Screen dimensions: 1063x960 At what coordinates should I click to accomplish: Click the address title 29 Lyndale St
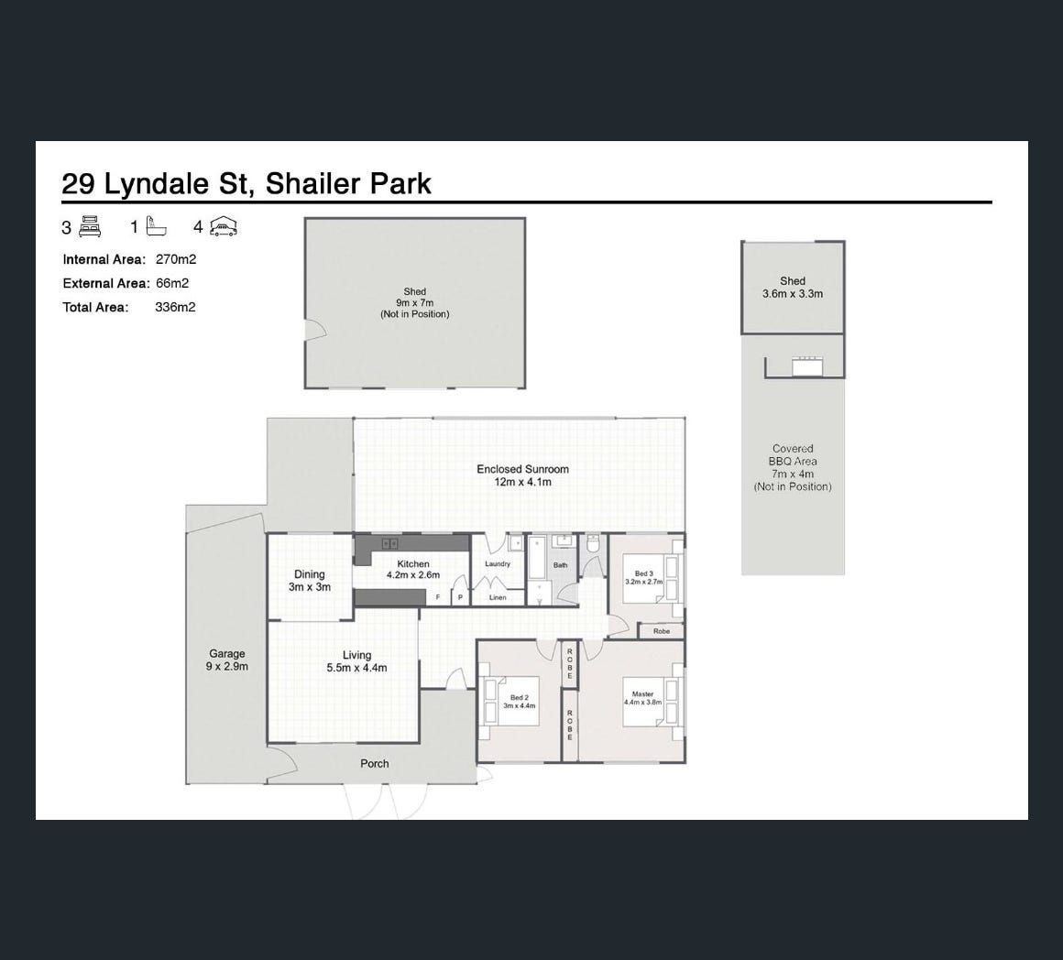point(155,183)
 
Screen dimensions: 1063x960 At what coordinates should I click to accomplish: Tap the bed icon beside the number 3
point(90,226)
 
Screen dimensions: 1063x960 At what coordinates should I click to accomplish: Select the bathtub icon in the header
point(155,226)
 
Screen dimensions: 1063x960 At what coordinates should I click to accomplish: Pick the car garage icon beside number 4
point(223,226)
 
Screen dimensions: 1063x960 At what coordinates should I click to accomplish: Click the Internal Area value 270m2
point(176,259)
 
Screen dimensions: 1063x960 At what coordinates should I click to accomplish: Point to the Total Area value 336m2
point(175,307)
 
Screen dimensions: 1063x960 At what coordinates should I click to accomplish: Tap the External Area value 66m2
point(172,283)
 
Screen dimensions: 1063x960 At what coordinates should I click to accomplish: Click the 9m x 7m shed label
point(415,303)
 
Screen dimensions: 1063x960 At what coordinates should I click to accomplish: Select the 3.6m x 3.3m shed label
point(793,288)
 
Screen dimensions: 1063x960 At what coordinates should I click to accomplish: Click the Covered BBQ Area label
point(793,467)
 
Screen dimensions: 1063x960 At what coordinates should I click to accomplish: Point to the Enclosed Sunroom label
point(522,475)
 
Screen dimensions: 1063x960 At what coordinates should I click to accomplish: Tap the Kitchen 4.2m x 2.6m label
point(413,569)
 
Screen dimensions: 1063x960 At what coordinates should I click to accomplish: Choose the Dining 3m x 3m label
point(309,581)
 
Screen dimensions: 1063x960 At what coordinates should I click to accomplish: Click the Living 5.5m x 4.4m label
point(356,661)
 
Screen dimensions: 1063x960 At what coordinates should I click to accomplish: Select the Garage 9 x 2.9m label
point(227,660)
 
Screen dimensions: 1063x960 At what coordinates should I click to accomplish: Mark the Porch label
point(374,764)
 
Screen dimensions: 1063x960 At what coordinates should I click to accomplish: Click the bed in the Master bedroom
point(651,703)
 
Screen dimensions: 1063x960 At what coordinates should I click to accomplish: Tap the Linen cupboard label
point(498,597)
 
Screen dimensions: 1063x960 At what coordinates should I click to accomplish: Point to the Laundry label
point(498,563)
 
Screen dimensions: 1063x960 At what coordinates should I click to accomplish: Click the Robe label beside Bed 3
point(662,631)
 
